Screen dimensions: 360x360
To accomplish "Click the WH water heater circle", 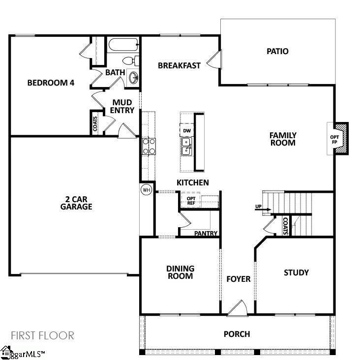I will (x=146, y=190).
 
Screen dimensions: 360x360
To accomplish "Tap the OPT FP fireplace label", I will (x=334, y=139).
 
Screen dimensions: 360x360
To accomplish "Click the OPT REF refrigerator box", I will (x=191, y=200).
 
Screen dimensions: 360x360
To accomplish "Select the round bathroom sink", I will (x=133, y=78).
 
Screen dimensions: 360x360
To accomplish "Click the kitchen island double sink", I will (x=186, y=146).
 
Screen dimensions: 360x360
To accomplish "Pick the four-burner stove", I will (x=149, y=146).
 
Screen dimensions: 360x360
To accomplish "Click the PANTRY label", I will (x=206, y=234).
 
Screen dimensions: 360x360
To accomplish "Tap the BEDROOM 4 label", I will (x=51, y=83).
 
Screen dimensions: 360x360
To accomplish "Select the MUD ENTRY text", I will (x=122, y=106).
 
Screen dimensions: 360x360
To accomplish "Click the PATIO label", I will (x=277, y=51).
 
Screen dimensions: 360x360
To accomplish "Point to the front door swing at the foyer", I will (x=238, y=307).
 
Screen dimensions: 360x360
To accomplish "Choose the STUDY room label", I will (x=296, y=272).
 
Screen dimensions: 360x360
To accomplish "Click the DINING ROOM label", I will (x=180, y=272).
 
